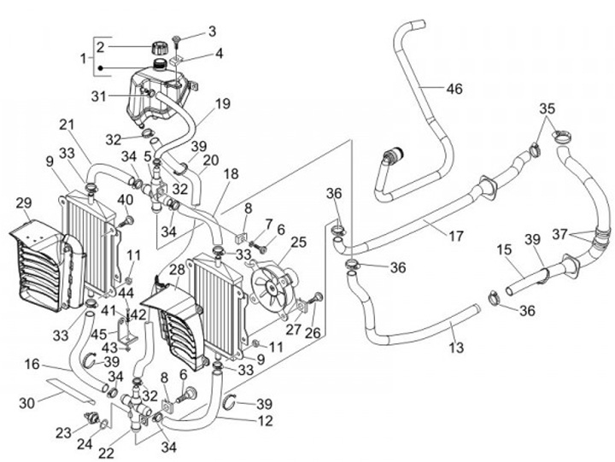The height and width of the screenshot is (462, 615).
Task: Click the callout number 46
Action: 454,87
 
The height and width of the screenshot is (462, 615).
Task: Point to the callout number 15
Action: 505,250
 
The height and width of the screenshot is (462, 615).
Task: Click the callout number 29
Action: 24,203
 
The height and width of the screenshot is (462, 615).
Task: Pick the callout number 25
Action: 298,243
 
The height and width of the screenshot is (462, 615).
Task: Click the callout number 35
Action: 547,108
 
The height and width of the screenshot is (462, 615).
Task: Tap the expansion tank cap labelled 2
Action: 158,45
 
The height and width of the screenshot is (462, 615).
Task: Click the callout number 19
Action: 222,105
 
